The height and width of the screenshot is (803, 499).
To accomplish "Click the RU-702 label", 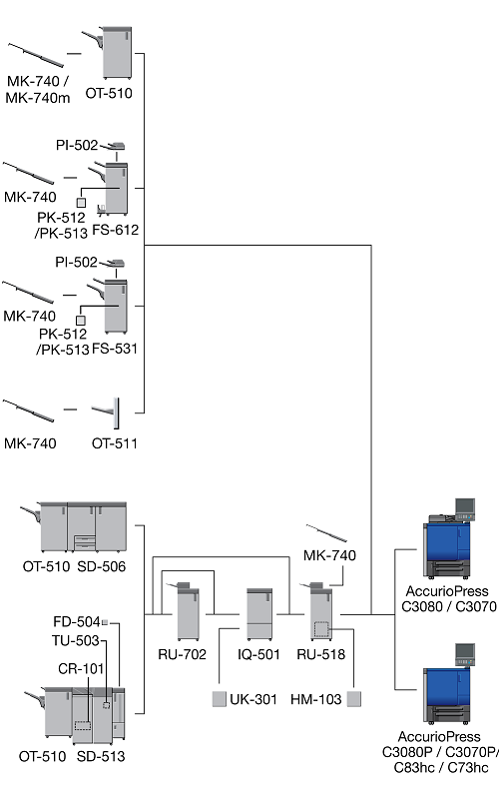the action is point(183,654).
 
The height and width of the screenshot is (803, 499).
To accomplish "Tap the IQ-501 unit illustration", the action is point(258,614).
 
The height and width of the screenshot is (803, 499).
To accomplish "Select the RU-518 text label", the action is point(321,654).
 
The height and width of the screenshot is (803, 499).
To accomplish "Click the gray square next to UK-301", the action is point(219,699).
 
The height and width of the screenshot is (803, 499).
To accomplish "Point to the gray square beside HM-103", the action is point(354,699).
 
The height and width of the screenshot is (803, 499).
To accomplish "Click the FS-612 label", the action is point(116,230).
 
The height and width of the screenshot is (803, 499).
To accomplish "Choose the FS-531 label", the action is point(115,349).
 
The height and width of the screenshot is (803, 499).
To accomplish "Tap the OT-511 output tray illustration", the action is point(107,412).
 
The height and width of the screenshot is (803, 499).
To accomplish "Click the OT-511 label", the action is point(115,443).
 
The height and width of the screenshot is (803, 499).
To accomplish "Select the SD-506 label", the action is point(102,566).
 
